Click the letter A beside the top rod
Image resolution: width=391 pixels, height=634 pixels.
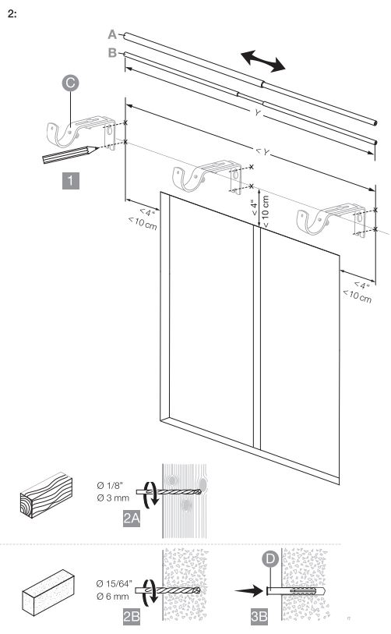point(112,35)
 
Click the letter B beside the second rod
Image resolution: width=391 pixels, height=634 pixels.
point(112,53)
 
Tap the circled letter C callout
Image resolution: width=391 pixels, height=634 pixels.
point(70,83)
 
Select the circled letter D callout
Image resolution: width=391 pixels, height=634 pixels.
point(270,559)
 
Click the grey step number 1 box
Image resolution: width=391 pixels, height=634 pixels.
point(71,180)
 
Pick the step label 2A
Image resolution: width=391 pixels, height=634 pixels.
point(132,519)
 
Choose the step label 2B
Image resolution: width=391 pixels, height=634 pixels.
point(132,616)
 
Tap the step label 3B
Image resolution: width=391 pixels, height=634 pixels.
point(259,616)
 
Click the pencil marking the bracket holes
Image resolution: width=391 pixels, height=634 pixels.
point(70,154)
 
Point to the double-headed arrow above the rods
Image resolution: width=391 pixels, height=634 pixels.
point(263,61)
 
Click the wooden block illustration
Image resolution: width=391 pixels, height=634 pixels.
point(47,495)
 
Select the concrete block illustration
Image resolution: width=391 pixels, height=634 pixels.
point(48,593)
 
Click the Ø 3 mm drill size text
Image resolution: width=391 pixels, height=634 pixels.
point(113,498)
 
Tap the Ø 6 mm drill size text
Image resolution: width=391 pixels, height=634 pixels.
point(113,596)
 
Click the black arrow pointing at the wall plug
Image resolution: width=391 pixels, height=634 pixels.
point(248,591)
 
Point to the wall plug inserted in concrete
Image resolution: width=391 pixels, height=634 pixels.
point(296,592)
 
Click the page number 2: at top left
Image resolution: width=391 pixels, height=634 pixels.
point(12,14)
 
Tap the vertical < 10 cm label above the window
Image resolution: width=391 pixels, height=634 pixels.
point(266,211)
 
